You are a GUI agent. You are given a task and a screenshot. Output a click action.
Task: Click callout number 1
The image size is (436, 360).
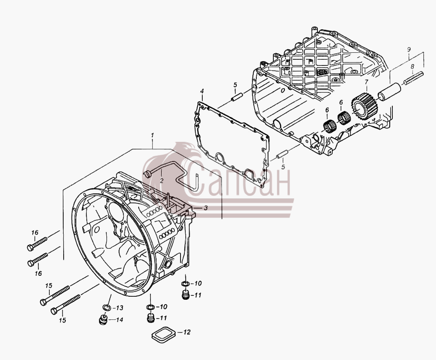click(x=152, y=135)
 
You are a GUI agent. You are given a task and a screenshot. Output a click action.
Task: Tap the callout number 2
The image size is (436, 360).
click(x=162, y=181)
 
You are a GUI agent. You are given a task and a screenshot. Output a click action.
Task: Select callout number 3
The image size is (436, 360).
click(x=205, y=208)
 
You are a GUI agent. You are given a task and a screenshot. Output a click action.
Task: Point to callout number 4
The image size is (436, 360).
click(x=202, y=91)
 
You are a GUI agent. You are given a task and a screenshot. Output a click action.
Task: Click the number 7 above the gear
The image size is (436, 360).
click(x=366, y=82)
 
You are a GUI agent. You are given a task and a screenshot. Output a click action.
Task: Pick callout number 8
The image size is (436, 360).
click(x=412, y=66)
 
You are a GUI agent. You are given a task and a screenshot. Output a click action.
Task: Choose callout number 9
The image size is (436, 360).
click(x=409, y=49)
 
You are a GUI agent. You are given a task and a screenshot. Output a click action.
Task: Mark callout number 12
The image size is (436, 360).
click(x=187, y=332)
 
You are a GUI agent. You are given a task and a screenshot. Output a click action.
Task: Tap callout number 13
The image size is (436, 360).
click(x=119, y=308)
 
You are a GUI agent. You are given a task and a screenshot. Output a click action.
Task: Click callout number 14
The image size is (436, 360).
click(x=119, y=320)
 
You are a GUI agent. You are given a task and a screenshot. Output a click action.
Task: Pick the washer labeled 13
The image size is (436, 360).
click(x=106, y=308)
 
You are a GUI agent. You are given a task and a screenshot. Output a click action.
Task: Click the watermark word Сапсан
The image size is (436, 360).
click(x=236, y=178)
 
